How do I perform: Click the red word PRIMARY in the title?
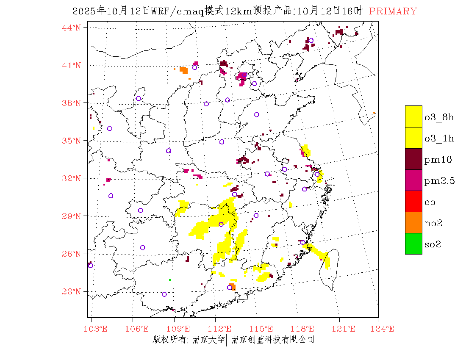click(x=393, y=11)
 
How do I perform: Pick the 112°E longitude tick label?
click(x=222, y=329)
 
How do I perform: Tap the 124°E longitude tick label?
click(x=385, y=329)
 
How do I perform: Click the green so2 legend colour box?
click(x=413, y=244)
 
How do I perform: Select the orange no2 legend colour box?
click(x=413, y=222)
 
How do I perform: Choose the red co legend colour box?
click(x=413, y=201)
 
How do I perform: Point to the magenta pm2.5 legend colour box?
click(x=413, y=180)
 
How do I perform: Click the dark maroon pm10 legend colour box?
click(x=413, y=159)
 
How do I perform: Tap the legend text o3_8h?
click(x=439, y=117)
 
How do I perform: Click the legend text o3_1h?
click(x=439, y=138)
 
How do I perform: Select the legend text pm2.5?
click(x=439, y=181)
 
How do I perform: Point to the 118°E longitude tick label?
click(x=305, y=329)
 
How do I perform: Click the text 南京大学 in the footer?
click(x=208, y=339)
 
